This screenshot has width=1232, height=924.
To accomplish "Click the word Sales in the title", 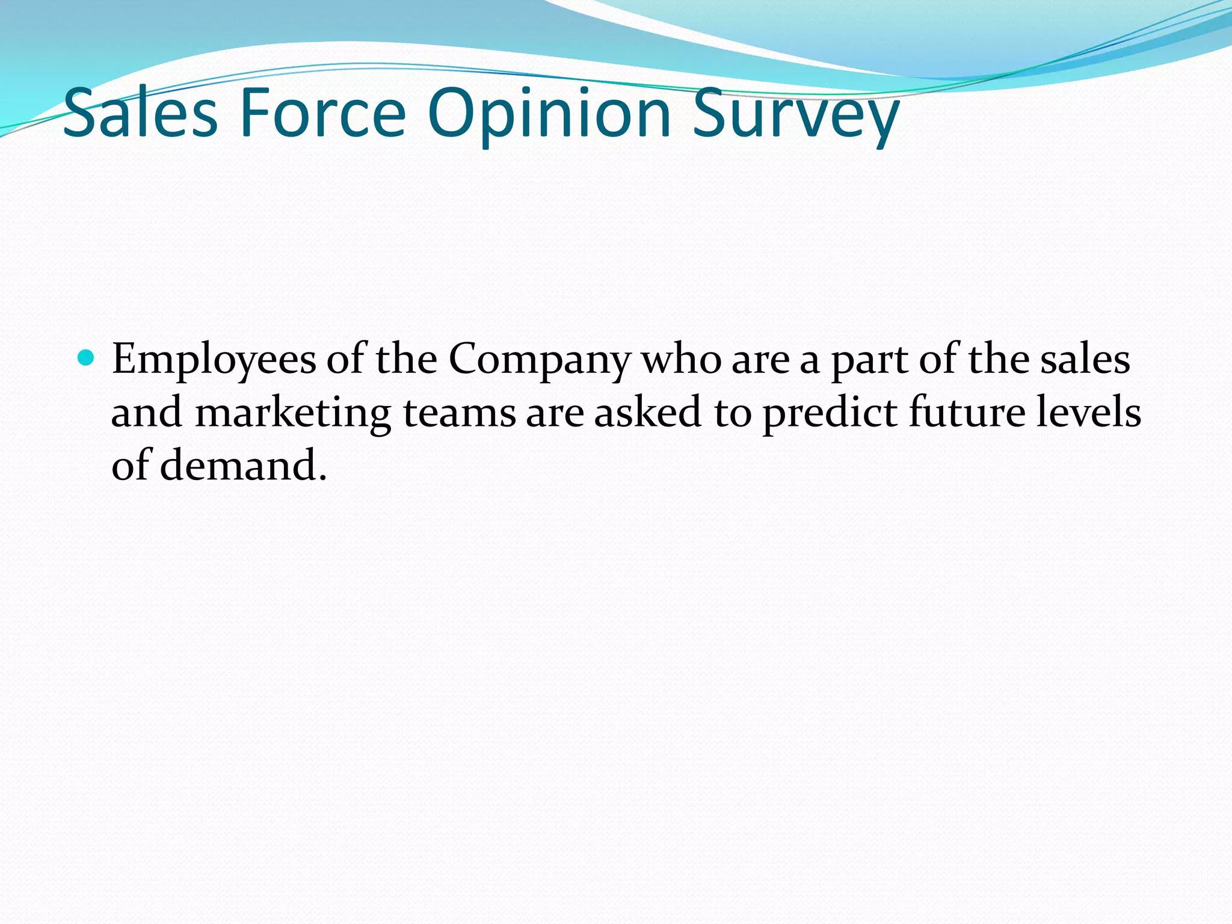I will [x=140, y=113].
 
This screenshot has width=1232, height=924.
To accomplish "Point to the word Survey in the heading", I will [x=795, y=114].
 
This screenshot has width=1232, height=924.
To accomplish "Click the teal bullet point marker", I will [x=87, y=359].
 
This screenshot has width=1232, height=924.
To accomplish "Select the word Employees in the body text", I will [x=214, y=360].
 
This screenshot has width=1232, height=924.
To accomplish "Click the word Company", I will [x=539, y=360].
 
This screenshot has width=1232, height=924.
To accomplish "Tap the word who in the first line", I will [x=681, y=360].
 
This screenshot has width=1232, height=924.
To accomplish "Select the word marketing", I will [x=293, y=414].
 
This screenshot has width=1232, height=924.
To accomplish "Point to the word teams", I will [x=458, y=414].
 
